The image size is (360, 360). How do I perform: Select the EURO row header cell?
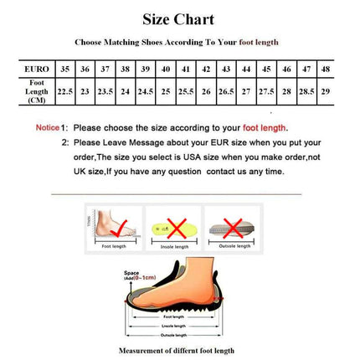(x=36, y=69)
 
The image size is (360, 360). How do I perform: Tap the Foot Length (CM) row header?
(x=36, y=91)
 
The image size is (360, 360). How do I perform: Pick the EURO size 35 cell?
(x=64, y=69)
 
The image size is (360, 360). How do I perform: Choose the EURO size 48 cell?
(x=327, y=69)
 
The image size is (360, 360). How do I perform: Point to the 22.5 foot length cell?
(x=64, y=91)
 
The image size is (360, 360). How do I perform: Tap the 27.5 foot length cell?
(x=266, y=91)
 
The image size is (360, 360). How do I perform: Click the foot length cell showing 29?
(x=327, y=91)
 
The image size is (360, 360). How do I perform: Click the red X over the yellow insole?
(x=177, y=226)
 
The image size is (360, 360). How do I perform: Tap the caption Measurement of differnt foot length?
(x=176, y=350)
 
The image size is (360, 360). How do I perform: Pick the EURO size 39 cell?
(x=146, y=69)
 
